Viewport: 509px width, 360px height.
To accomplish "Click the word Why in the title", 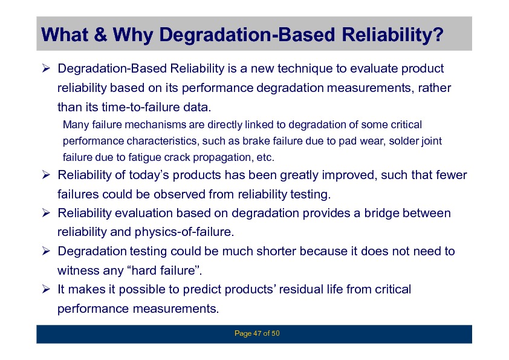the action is (132, 34).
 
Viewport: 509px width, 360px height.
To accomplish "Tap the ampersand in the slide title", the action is (100, 34).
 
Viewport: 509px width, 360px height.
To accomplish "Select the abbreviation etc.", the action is (265, 157).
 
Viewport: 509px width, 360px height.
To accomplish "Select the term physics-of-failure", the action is (184, 232).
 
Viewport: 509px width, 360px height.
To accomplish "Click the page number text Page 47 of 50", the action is (257, 333).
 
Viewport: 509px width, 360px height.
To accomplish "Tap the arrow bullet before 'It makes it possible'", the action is (46, 289).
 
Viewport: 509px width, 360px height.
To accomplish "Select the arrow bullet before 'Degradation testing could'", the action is (46, 251).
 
